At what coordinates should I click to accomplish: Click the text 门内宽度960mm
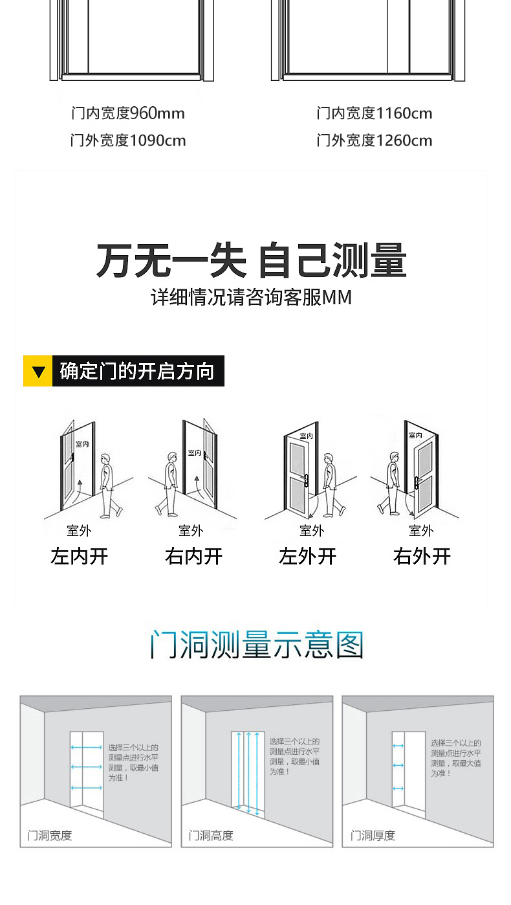[128, 113]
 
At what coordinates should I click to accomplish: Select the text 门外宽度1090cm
[128, 140]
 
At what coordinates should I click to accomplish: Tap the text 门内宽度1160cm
[375, 113]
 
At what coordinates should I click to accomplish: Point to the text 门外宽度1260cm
[375, 140]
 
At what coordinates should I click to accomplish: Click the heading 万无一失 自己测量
[252, 261]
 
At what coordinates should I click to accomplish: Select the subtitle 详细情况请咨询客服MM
[252, 297]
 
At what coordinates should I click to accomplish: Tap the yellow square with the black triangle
[38, 371]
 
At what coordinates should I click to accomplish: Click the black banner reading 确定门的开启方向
[137, 371]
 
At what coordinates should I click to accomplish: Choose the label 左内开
[79, 556]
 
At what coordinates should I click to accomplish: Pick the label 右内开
[193, 556]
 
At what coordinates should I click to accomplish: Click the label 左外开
[308, 556]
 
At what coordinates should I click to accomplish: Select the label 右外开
[422, 556]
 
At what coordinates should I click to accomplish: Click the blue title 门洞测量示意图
[257, 645]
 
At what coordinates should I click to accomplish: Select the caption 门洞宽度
[50, 836]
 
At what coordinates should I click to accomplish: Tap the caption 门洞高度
[211, 836]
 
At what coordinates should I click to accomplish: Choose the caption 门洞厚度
[373, 836]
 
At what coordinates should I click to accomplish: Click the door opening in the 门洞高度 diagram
[248, 772]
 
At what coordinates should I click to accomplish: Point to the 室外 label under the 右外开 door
[421, 531]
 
